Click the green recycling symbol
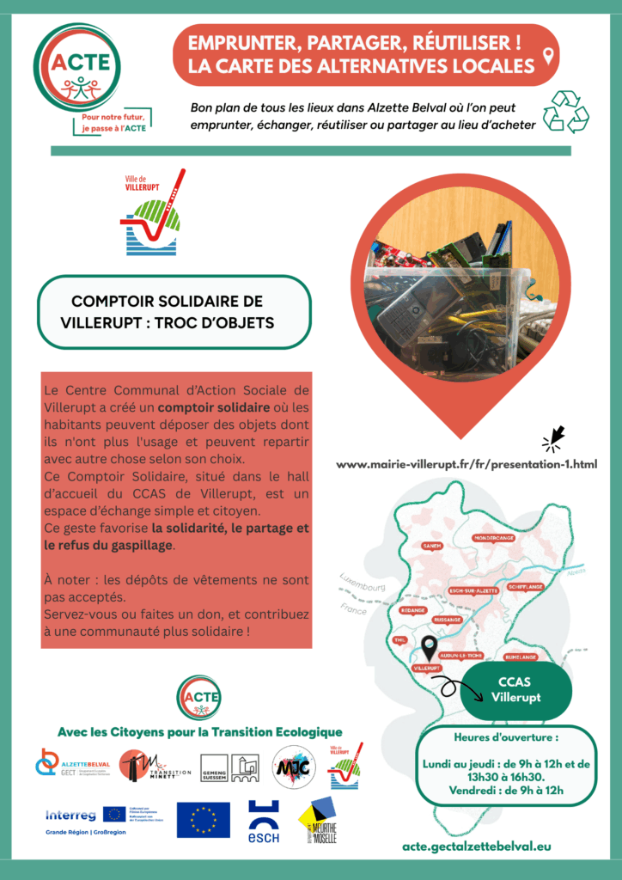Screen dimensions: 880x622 pyautogui.click(x=566, y=112)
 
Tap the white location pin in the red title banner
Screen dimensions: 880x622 pyautogui.click(x=547, y=58)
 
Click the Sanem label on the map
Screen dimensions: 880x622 pyautogui.click(x=431, y=546)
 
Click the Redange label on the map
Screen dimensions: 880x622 pyautogui.click(x=413, y=610)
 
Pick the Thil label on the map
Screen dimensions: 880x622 pyautogui.click(x=399, y=640)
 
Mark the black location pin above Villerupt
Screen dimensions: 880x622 pyautogui.click(x=430, y=647)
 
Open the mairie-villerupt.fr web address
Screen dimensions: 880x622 pyautogui.click(x=466, y=464)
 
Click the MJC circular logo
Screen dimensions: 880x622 pyautogui.click(x=290, y=767)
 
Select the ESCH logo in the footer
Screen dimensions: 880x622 pyautogui.click(x=263, y=821)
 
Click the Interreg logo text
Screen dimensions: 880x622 pyautogui.click(x=70, y=813)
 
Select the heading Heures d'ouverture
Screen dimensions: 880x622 pyautogui.click(x=494, y=737)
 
